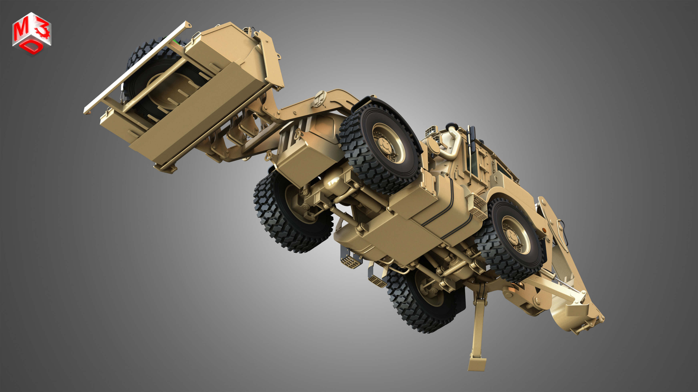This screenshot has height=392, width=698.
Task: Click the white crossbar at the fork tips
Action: [x=135, y=68]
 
